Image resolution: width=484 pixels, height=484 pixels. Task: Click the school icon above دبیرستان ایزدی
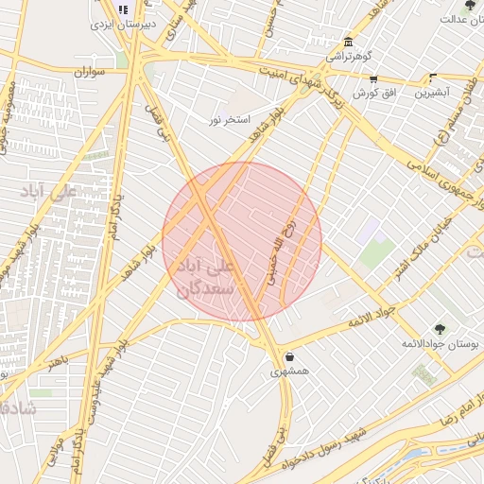pyautogui.click(x=122, y=9)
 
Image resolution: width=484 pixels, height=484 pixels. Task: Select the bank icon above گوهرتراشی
pyautogui.click(x=349, y=43)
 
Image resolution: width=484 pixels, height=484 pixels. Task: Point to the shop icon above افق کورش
pyautogui.click(x=373, y=79)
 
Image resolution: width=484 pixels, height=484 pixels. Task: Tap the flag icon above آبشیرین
pyautogui.click(x=433, y=79)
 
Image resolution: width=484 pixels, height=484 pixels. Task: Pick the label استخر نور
pyautogui.click(x=230, y=120)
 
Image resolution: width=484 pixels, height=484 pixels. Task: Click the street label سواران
pyautogui.click(x=86, y=71)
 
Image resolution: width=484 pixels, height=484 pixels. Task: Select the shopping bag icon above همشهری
pyautogui.click(x=288, y=357)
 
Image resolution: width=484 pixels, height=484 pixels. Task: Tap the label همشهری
pyautogui.click(x=289, y=372)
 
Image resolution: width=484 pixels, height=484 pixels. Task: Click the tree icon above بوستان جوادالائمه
pyautogui.click(x=439, y=329)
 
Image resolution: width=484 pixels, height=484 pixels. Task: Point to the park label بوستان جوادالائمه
pyautogui.click(x=438, y=344)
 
